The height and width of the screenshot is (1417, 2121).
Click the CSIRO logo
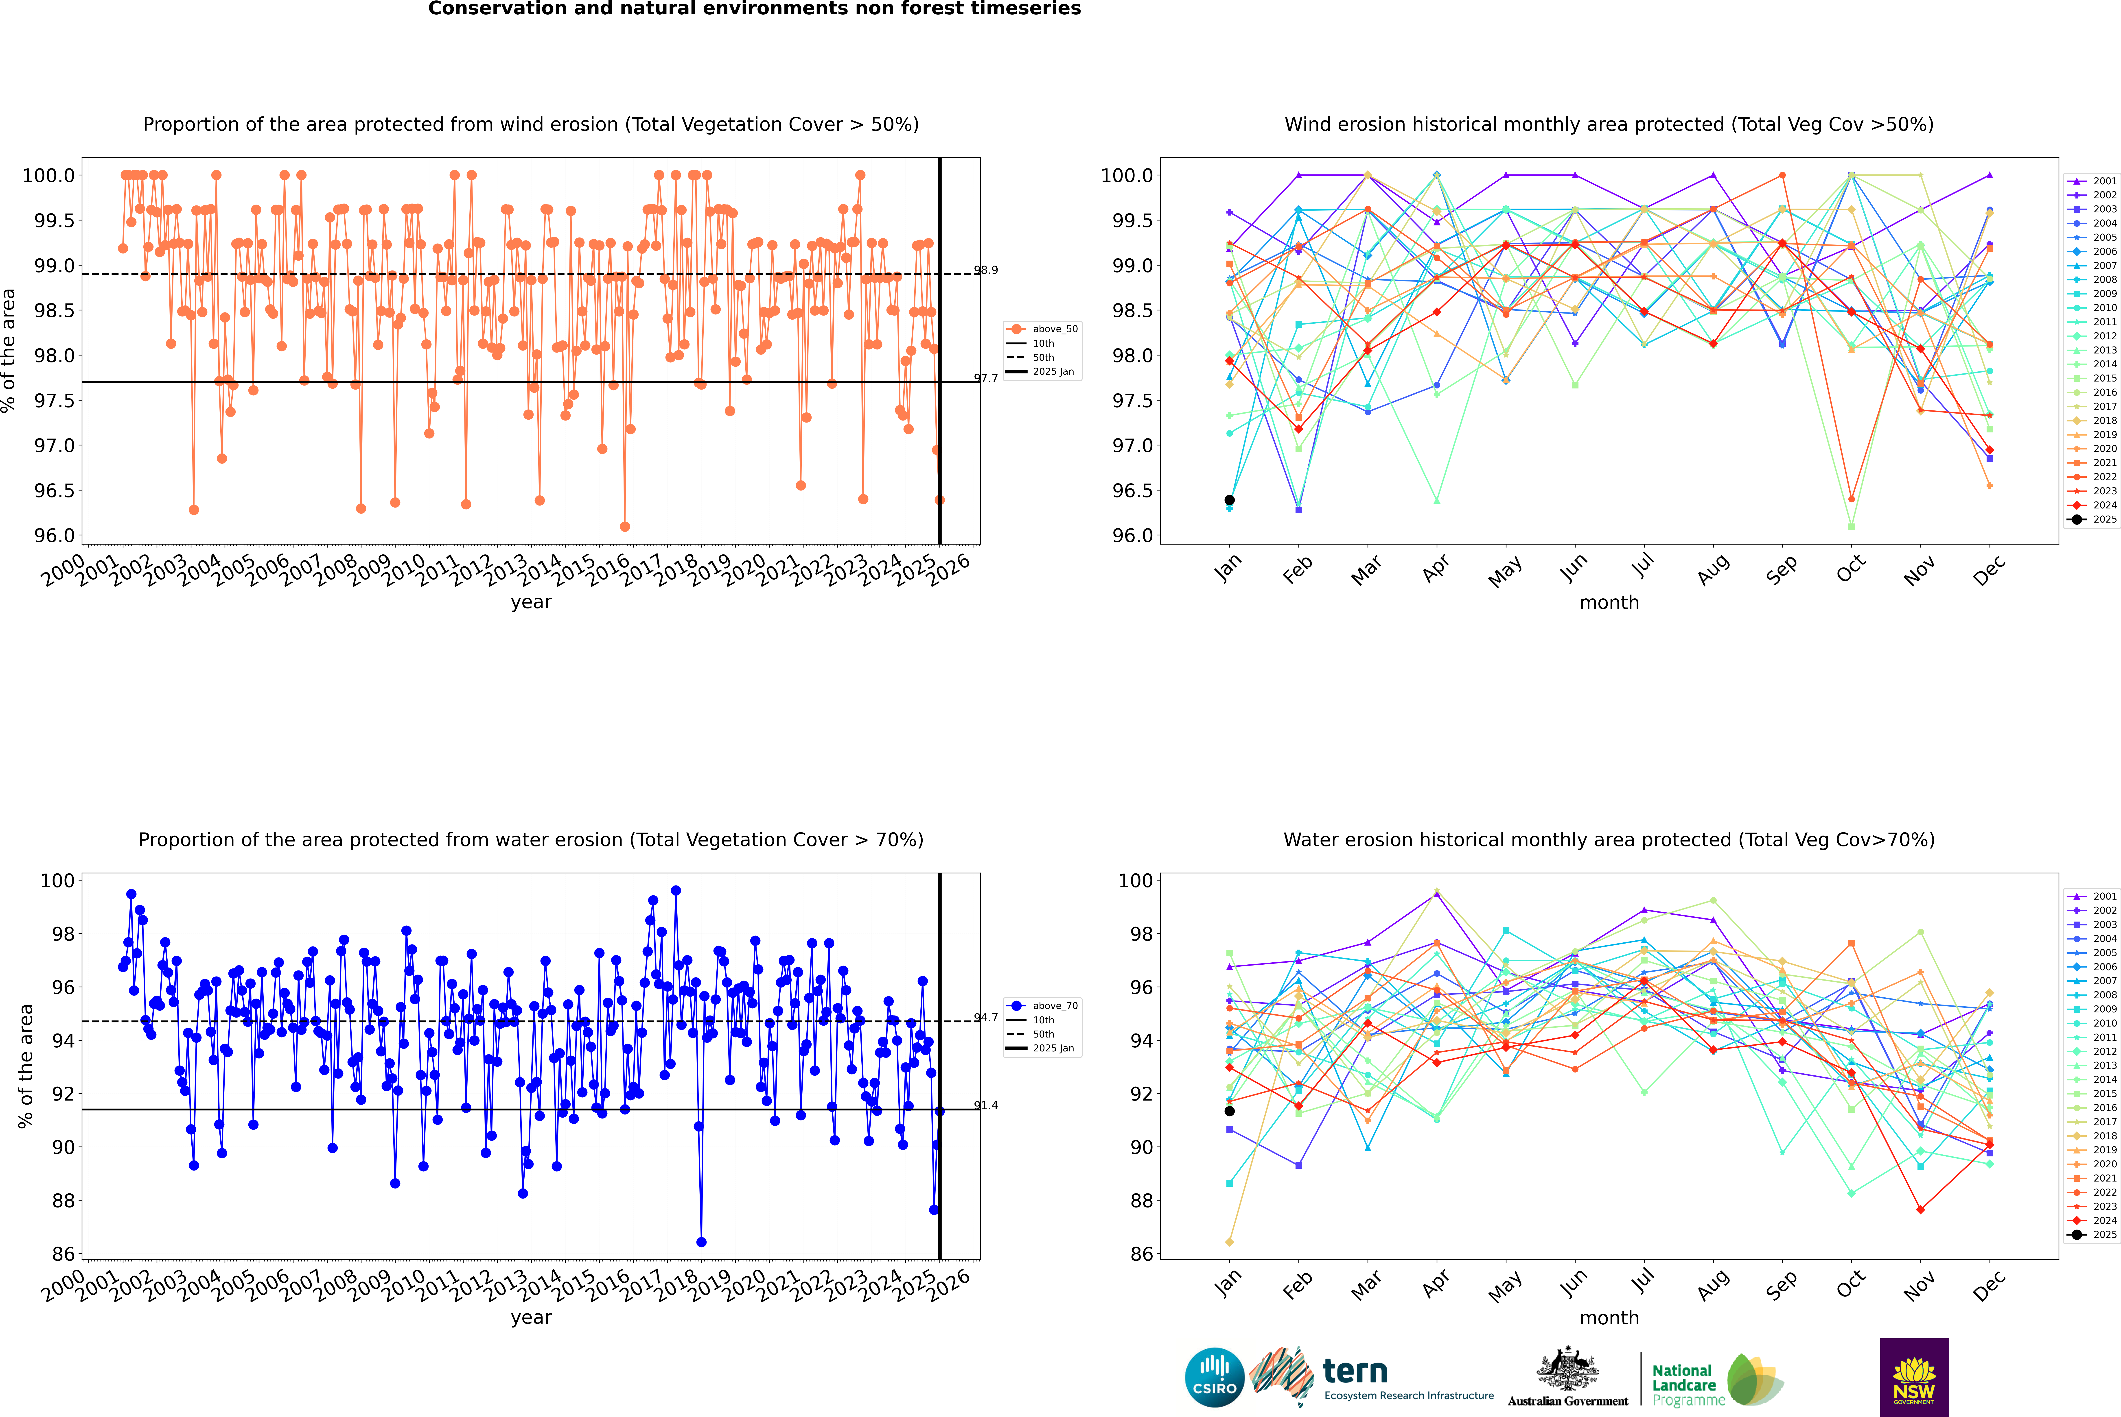[1214, 1377]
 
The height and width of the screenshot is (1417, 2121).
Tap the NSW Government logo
[1914, 1377]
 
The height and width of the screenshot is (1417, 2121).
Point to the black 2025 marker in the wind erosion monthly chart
[1230, 500]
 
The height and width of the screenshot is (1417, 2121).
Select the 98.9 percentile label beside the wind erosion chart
[985, 270]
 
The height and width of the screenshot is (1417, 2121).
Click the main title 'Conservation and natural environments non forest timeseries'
[754, 9]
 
